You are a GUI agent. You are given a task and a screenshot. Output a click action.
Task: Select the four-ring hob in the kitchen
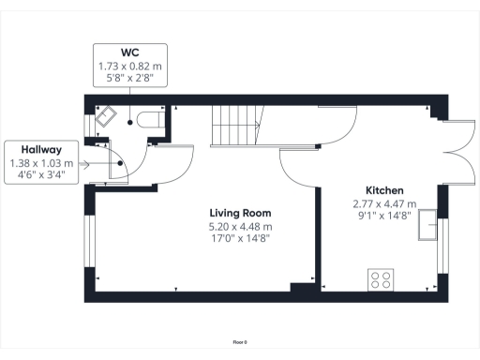point(381,278)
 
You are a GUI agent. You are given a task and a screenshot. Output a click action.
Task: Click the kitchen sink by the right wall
point(427,225)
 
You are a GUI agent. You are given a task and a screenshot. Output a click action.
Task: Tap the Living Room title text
point(241,214)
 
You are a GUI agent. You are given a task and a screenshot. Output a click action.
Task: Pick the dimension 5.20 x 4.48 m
point(241,227)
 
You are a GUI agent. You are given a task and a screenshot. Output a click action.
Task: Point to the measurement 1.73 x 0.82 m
point(130,67)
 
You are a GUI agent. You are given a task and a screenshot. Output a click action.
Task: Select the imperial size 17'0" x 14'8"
point(241,240)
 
